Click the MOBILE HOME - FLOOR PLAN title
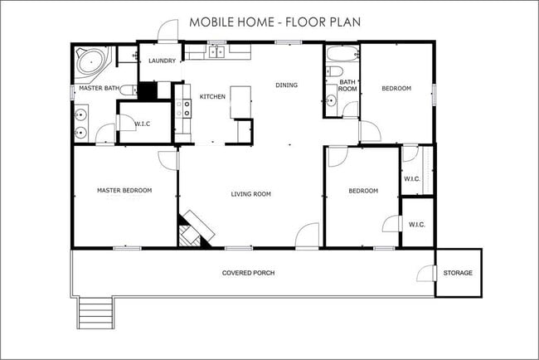[x=275, y=22]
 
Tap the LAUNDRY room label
[x=163, y=61]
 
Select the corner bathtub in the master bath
[x=93, y=63]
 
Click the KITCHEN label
[x=212, y=96]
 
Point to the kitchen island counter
[x=240, y=103]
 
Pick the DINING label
[x=287, y=85]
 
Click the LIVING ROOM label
[x=251, y=194]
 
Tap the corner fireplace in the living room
[x=193, y=230]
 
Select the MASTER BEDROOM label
[x=124, y=190]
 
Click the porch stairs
[x=96, y=313]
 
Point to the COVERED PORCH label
[x=248, y=273]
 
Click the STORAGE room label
[x=458, y=273]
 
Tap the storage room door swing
[x=426, y=274]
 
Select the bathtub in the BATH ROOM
[x=342, y=54]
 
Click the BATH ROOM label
[x=347, y=85]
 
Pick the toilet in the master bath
[x=128, y=90]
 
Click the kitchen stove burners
[x=187, y=109]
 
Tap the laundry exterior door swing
[x=168, y=30]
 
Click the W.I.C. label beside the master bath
[x=143, y=124]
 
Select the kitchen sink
[x=217, y=52]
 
